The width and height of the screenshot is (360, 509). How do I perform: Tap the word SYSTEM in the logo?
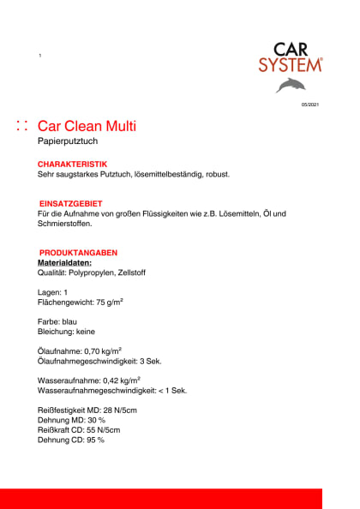pyautogui.click(x=291, y=64)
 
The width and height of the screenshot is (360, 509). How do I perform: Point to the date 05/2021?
pyautogui.click(x=309, y=105)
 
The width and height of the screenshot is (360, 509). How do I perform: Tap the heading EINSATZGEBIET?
pyautogui.click(x=72, y=203)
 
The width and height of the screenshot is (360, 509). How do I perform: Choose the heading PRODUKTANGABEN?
pyautogui.click(x=78, y=253)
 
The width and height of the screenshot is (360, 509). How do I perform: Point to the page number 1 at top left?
pyautogui.click(x=39, y=56)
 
